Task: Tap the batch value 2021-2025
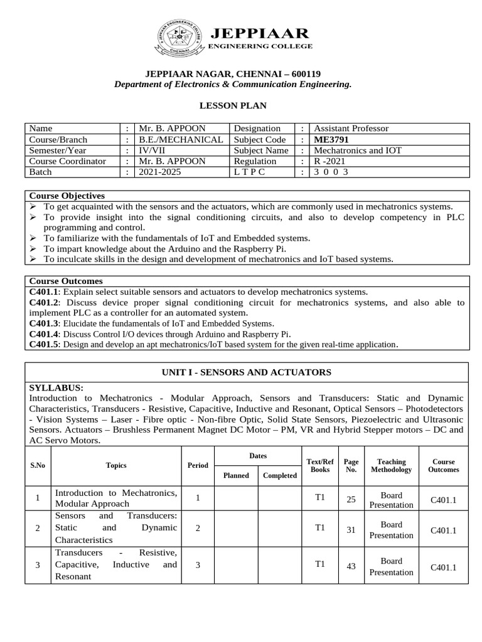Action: click(x=159, y=172)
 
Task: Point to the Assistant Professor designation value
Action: click(x=351, y=128)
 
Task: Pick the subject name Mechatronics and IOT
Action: click(x=357, y=150)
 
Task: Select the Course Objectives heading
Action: click(x=67, y=196)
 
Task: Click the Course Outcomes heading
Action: click(x=66, y=281)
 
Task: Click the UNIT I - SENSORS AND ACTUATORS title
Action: click(x=246, y=372)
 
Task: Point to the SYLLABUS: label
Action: click(x=56, y=388)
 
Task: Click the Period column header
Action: click(x=198, y=465)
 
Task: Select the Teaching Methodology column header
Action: click(x=391, y=465)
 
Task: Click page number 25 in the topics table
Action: click(x=351, y=499)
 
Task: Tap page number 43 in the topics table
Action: click(x=351, y=566)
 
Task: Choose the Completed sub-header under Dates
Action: click(x=279, y=475)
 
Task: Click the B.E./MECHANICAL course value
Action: click(x=181, y=139)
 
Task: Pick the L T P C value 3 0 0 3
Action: click(x=331, y=172)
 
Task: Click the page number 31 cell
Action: click(x=351, y=530)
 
